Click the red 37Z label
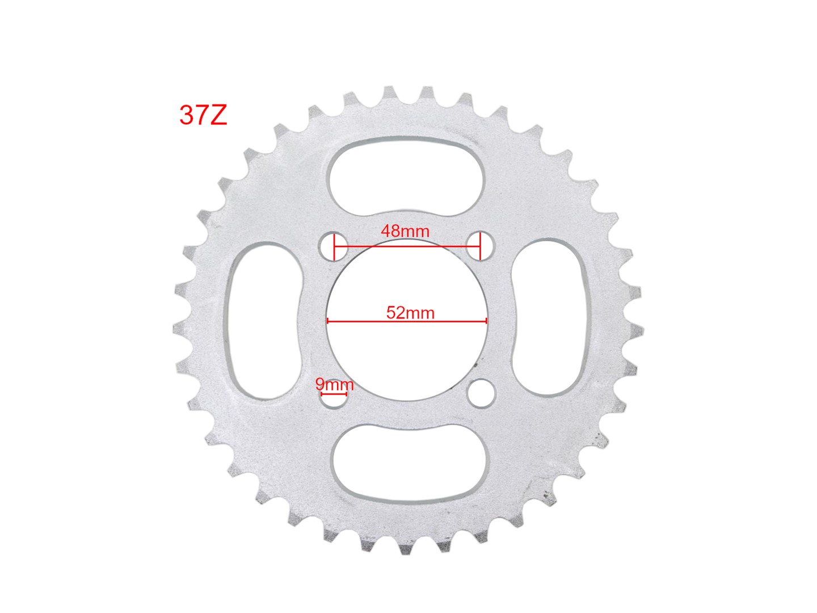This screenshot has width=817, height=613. (x=203, y=115)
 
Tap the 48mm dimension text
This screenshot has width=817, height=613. (x=405, y=231)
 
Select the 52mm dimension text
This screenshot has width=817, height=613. (x=410, y=313)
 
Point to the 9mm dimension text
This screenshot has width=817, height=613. (x=334, y=384)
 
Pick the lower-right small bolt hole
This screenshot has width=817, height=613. (x=482, y=393)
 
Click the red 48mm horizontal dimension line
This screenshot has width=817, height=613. (x=407, y=246)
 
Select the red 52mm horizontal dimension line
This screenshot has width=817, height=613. (x=407, y=321)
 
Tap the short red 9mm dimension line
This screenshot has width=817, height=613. (x=334, y=393)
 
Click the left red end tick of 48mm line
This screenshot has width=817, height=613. (x=335, y=246)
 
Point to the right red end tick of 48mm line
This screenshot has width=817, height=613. (x=480, y=246)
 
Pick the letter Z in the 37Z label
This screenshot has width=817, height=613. (x=218, y=115)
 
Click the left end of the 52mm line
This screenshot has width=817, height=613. (x=328, y=321)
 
